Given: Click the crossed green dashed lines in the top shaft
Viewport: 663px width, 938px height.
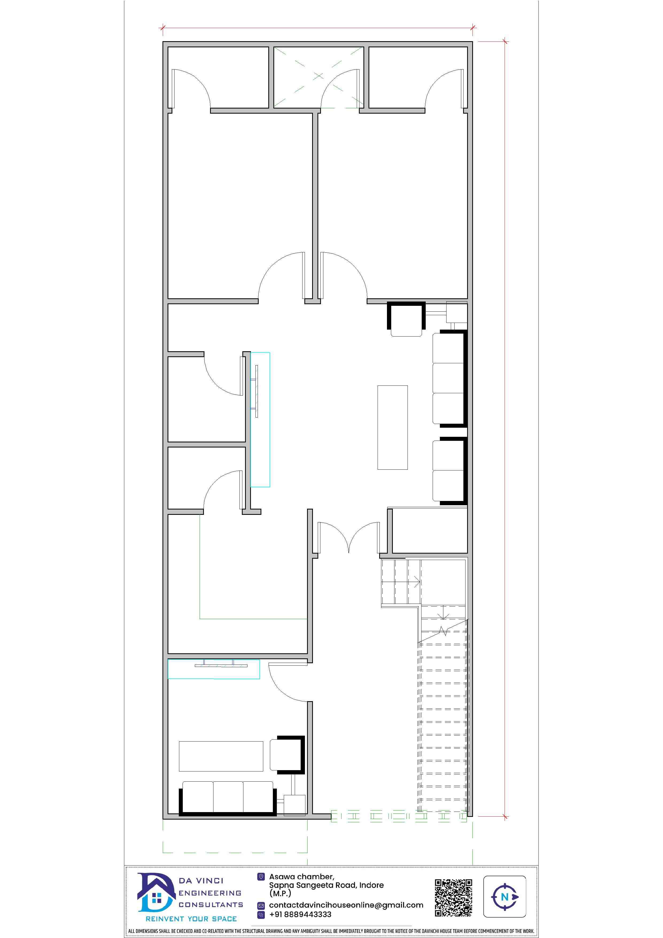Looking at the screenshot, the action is [x=318, y=77].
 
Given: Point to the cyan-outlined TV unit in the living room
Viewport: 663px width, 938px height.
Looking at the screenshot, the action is [x=260, y=420].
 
